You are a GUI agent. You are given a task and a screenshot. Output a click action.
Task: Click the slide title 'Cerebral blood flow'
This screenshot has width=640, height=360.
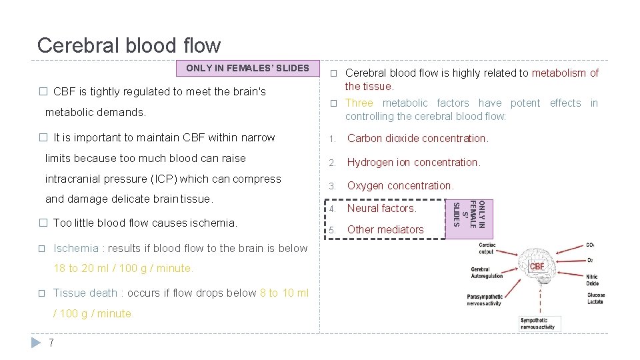129,45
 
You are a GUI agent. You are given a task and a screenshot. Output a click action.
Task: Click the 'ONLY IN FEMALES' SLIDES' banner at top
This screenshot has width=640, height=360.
247,68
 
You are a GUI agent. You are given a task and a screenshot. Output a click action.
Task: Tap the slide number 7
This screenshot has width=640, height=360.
51,343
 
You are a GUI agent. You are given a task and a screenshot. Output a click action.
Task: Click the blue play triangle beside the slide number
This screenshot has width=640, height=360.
37,343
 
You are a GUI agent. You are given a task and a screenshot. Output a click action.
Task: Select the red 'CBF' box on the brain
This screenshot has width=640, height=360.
537,267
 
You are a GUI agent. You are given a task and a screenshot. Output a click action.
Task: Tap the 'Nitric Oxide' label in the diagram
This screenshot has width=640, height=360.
593,280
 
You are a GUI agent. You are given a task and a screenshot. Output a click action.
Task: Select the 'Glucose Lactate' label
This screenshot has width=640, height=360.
595,299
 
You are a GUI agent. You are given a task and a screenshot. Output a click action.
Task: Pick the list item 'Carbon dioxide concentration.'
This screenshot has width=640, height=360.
418,139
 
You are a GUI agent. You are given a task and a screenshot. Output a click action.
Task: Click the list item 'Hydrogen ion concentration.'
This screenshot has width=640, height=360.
414,162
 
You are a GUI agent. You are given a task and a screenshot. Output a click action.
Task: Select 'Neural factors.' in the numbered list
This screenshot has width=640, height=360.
382,208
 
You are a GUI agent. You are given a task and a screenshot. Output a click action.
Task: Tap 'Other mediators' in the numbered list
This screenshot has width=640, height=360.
385,229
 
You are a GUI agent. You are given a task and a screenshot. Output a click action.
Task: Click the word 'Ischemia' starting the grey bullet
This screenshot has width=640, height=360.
75,248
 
